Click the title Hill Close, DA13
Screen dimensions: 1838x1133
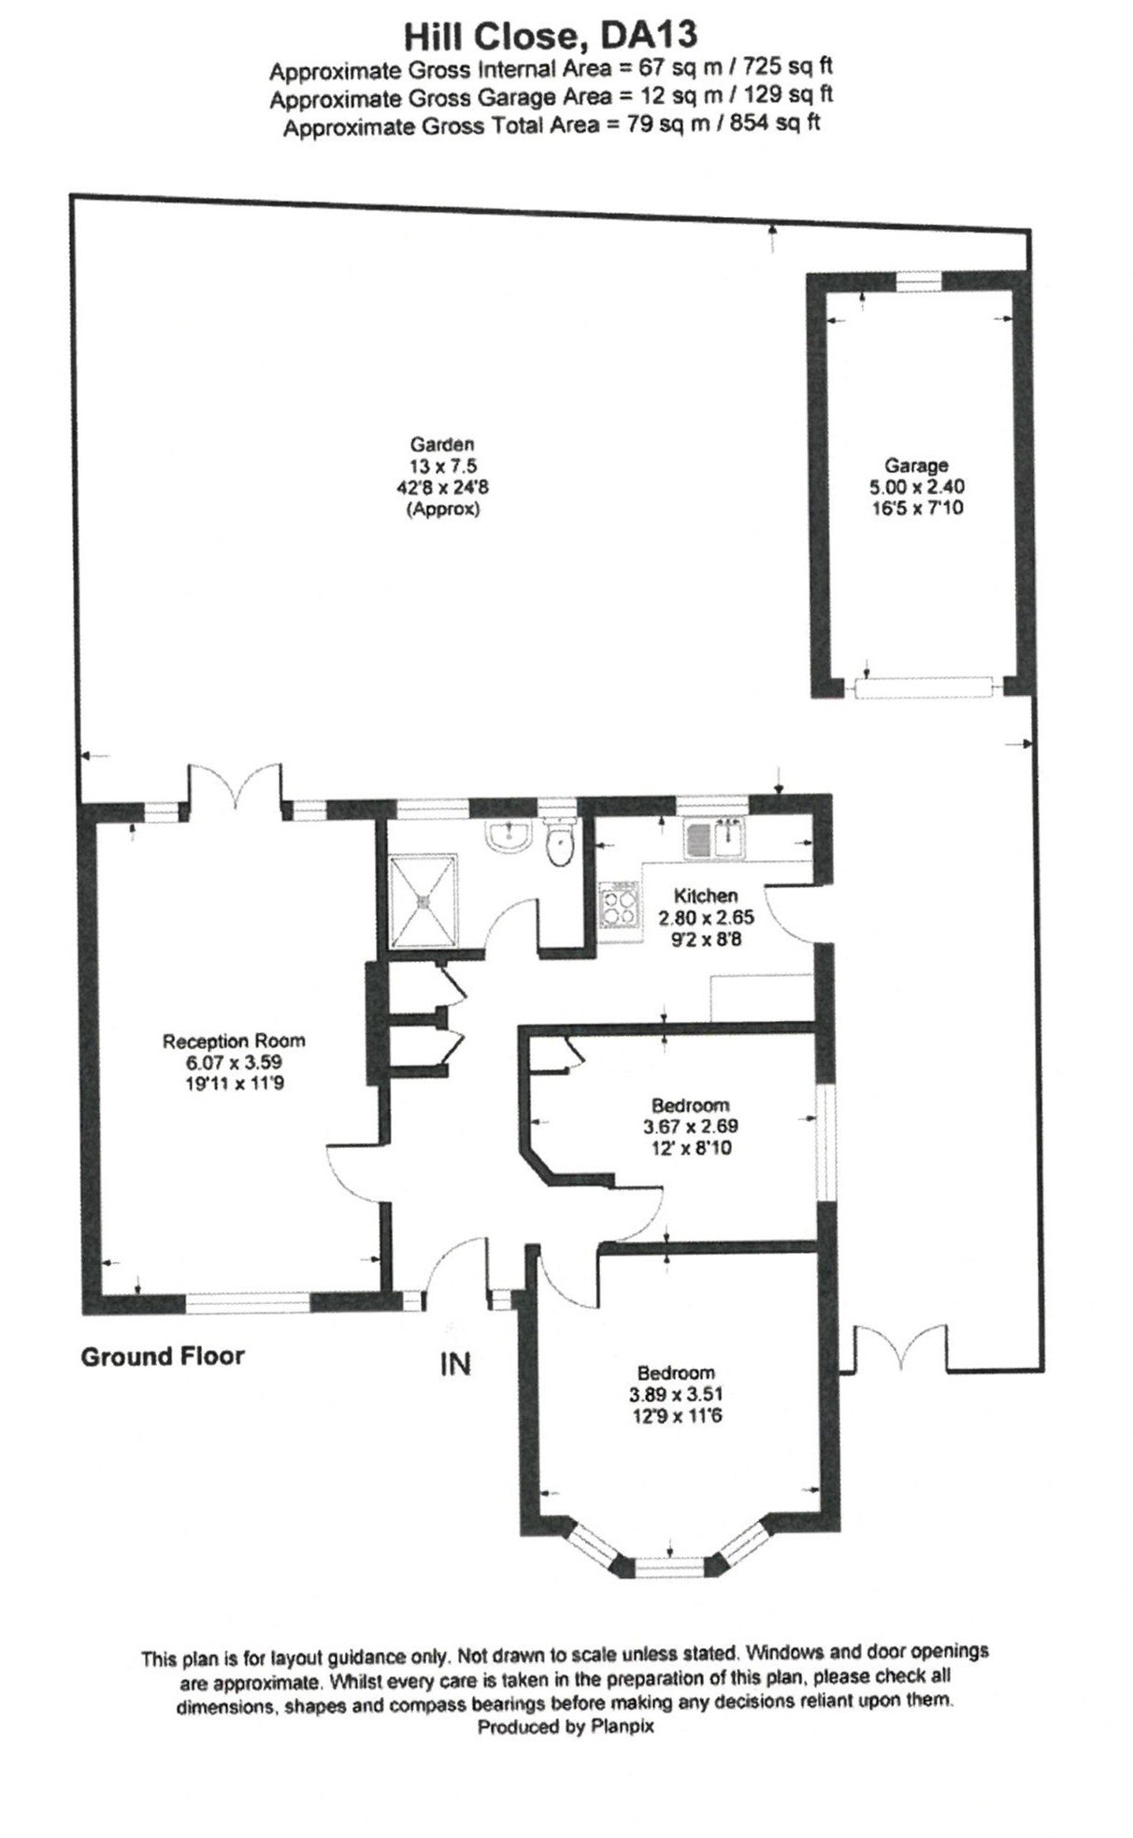tap(549, 36)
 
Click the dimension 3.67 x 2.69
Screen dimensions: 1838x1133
tap(690, 1127)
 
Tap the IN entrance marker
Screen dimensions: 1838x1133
tap(455, 1364)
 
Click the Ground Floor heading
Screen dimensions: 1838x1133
tap(162, 1356)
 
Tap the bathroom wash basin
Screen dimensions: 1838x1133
tap(509, 834)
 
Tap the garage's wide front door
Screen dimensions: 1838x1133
tap(922, 687)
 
